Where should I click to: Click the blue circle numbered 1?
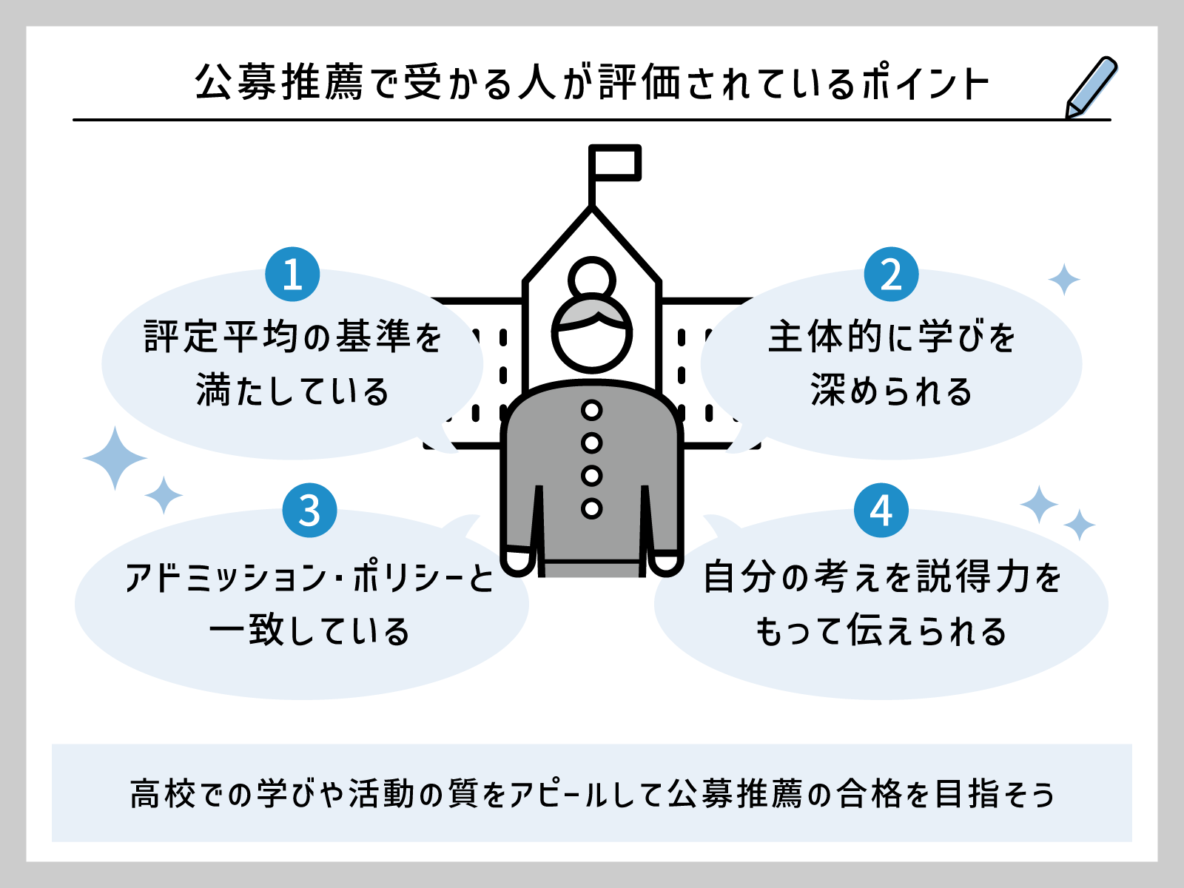292,275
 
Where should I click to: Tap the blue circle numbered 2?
891,275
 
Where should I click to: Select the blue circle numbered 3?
309,511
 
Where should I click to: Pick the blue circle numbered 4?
881,511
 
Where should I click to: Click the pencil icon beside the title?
1091,87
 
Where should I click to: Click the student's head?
592,333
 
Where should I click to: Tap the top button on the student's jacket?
592,410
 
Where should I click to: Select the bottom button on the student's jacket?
592,508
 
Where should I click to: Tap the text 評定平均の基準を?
293,337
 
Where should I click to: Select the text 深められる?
891,391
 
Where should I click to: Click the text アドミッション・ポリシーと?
309,578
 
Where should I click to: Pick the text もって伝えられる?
881,632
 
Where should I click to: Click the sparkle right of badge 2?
1064,280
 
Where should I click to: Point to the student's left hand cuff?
665,562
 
